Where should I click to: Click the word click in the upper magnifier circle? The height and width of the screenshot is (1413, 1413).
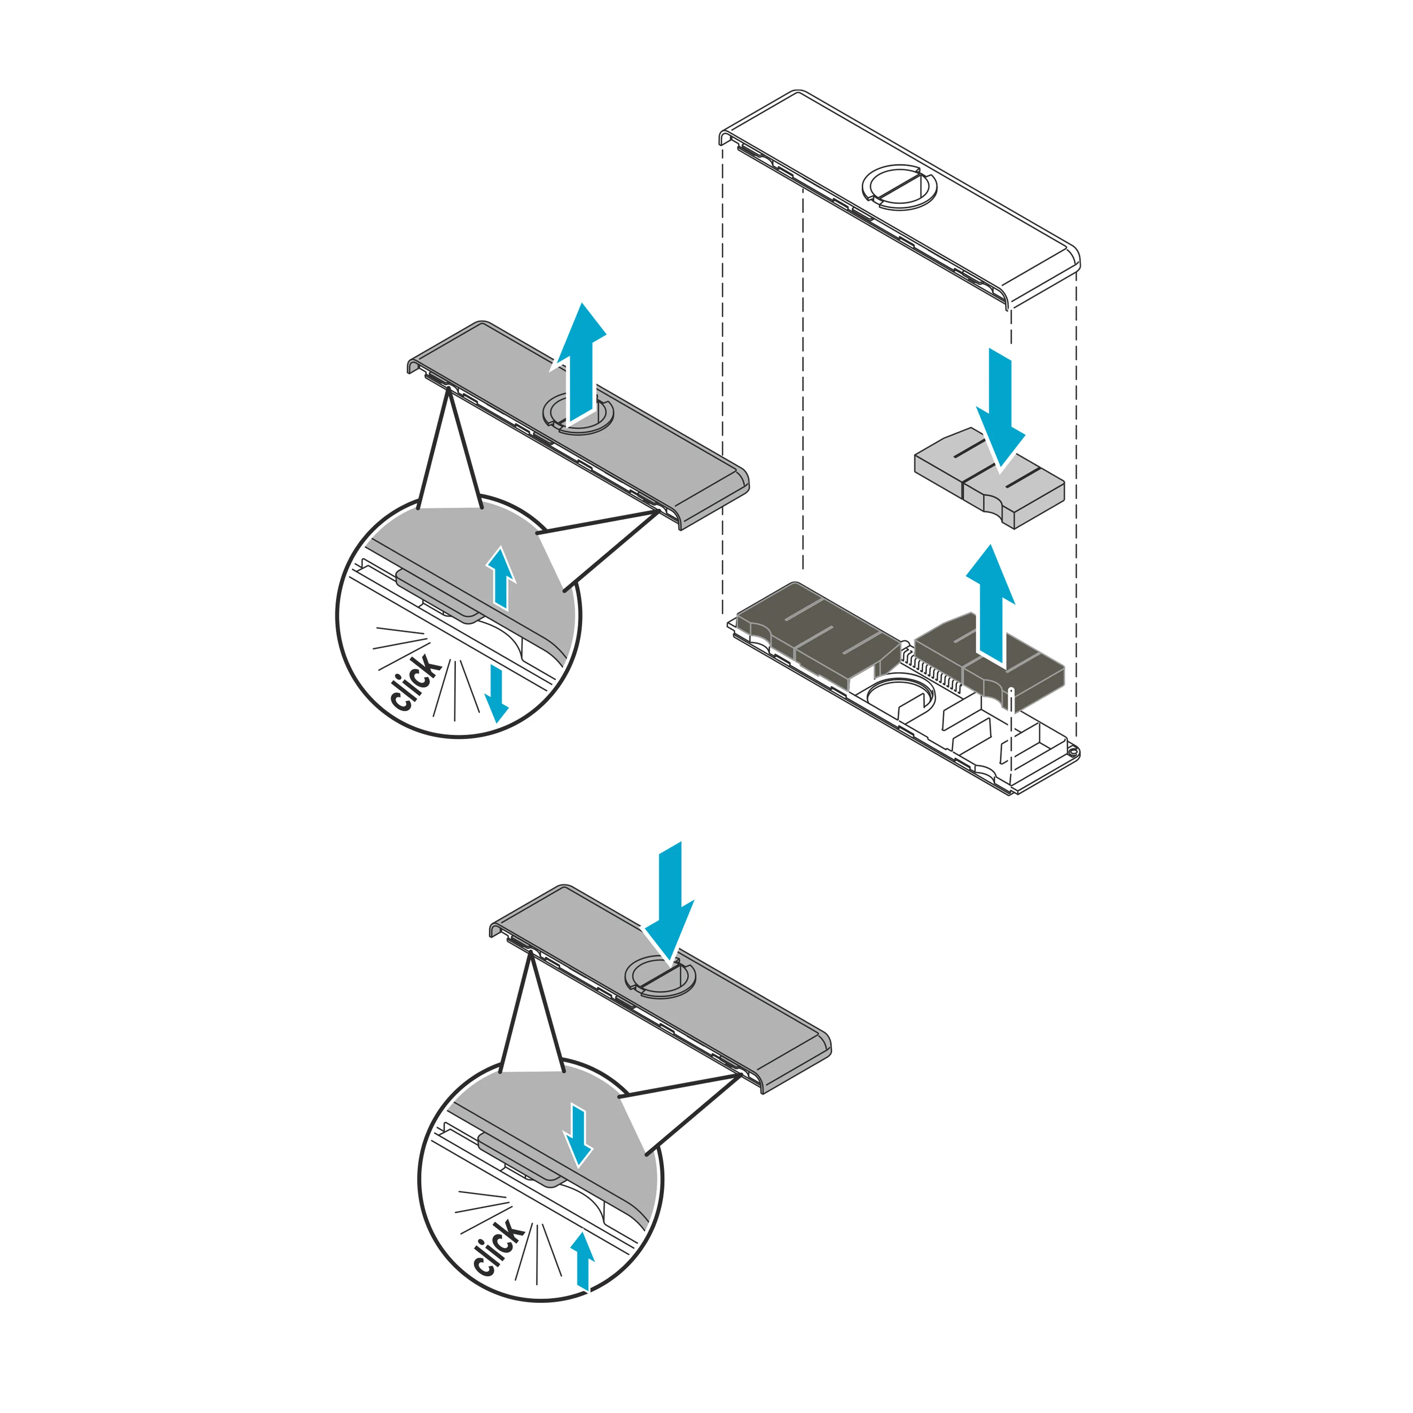point(415,682)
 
